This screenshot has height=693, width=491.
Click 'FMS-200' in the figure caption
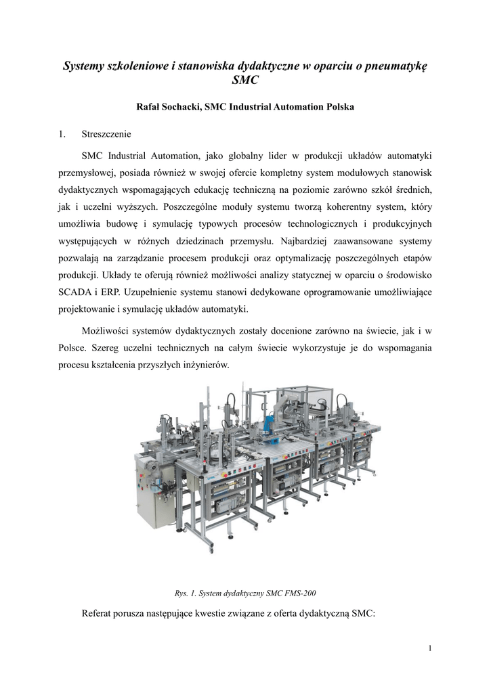[299, 594]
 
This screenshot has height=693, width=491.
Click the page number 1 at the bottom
[430, 650]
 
